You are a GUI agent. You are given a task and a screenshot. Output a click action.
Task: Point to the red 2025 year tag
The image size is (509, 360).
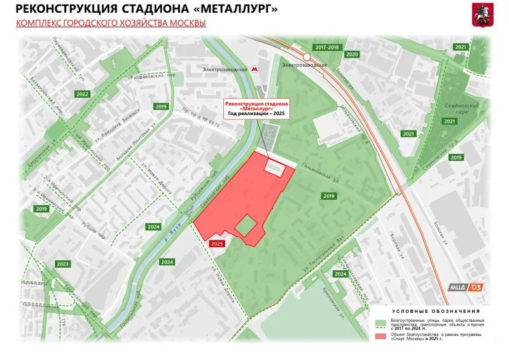217,244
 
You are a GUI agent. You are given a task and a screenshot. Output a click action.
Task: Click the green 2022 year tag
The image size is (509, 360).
82,94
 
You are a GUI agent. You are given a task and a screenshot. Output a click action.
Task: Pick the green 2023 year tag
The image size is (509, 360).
62,264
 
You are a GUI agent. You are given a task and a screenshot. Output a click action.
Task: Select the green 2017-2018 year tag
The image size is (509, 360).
327,48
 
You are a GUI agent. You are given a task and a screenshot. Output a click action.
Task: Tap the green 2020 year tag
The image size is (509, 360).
352,55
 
